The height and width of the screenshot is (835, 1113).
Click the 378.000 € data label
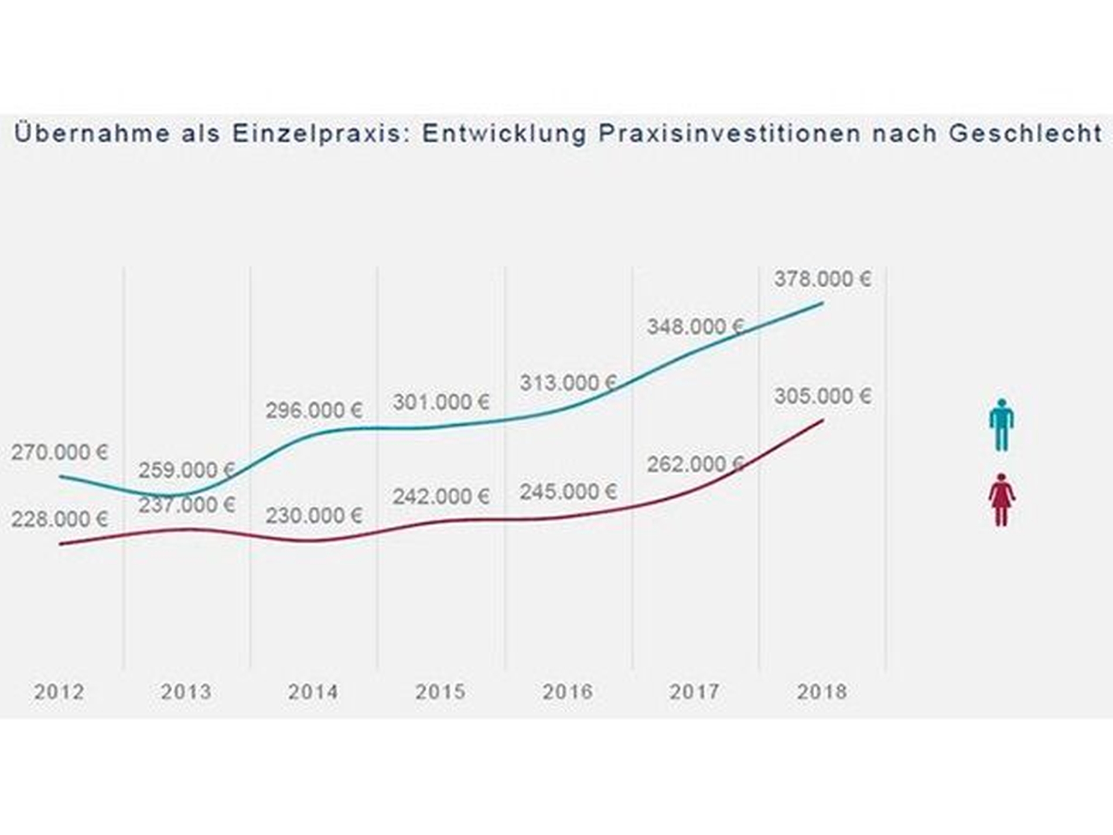point(822,279)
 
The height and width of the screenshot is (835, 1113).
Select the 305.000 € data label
point(822,397)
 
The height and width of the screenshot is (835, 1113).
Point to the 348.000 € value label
point(695,327)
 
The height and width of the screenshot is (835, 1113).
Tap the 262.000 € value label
point(695,465)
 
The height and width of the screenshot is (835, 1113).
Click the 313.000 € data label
point(568,383)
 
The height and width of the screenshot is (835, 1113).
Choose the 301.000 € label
point(441,403)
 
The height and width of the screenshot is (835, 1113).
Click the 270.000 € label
point(59,452)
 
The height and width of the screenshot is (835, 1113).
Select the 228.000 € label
point(59,519)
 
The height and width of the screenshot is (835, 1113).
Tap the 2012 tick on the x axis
point(59,692)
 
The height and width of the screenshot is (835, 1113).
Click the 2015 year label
point(441,692)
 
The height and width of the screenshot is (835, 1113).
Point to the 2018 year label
point(822,692)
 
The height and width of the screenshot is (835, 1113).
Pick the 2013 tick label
point(186,692)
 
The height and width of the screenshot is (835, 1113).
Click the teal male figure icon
point(1002,425)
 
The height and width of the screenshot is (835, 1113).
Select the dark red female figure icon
point(1002,500)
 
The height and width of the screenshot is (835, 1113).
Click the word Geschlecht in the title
point(1026,134)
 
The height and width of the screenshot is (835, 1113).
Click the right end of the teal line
point(823,304)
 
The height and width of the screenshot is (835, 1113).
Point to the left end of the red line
point(60,544)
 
